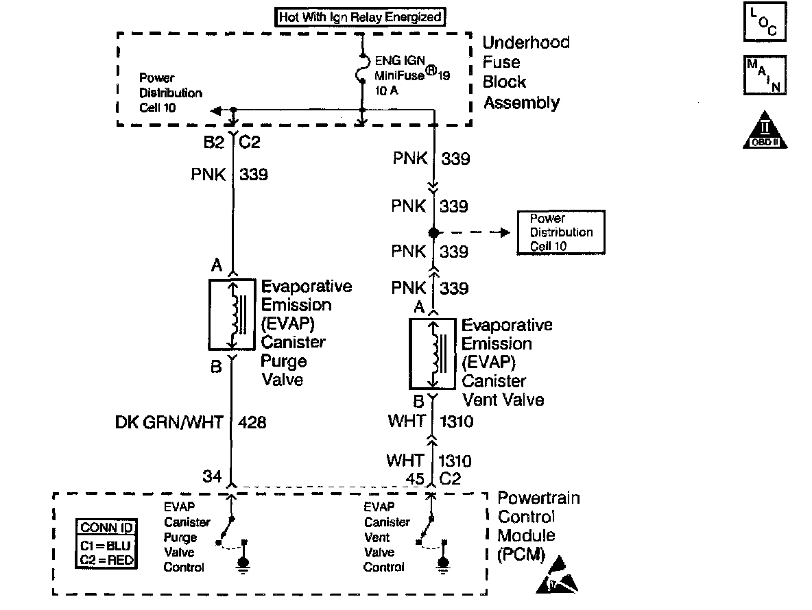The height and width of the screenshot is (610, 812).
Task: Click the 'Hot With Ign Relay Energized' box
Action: click(x=360, y=17)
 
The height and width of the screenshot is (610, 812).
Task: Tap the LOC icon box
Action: click(x=765, y=23)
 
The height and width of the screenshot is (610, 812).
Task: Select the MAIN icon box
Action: click(x=765, y=75)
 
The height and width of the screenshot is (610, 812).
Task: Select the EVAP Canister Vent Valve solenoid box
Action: click(x=432, y=354)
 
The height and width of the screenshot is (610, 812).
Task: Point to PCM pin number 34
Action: click(x=212, y=476)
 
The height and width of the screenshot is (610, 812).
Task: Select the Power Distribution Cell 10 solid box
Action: click(x=560, y=232)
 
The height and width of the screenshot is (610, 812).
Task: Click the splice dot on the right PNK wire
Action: click(x=433, y=232)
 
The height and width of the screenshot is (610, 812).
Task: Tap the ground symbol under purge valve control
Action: click(x=243, y=563)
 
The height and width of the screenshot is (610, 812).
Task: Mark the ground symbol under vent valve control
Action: click(x=443, y=563)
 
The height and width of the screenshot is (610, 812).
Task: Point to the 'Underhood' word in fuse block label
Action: click(x=525, y=42)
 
